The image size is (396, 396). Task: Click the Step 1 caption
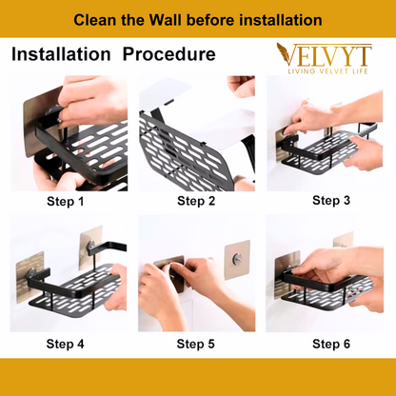(x=65, y=201)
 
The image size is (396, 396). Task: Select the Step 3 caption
(x=331, y=200)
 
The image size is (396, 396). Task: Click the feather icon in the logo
(x=284, y=53)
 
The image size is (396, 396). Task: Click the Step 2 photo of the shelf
(x=197, y=133)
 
